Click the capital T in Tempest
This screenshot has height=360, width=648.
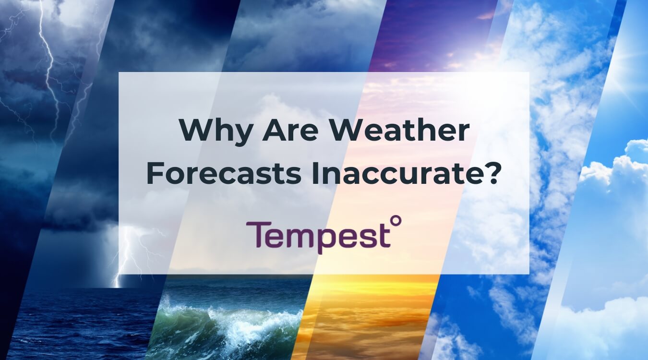click(x=256, y=235)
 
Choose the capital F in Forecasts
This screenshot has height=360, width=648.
click(x=154, y=174)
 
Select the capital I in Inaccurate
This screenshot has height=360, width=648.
click(x=315, y=174)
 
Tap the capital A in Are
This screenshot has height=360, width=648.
click(x=273, y=131)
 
